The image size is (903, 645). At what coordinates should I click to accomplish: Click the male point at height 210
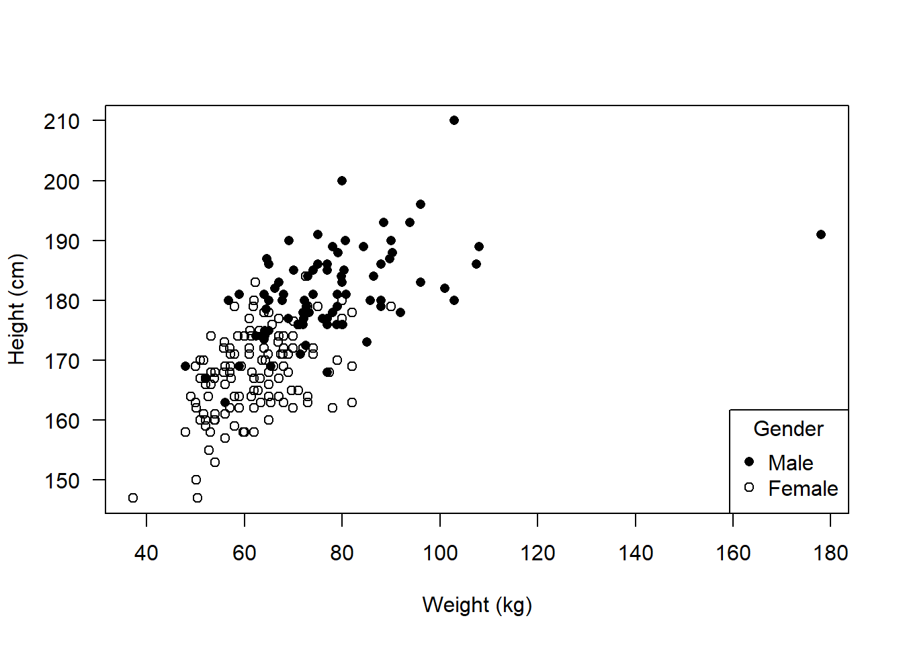click(454, 120)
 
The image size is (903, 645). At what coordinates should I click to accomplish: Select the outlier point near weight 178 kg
click(820, 234)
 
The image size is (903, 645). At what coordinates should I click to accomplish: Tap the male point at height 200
click(342, 181)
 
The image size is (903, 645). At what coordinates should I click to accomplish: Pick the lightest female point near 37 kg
click(133, 498)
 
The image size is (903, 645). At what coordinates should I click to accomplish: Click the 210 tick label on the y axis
click(62, 122)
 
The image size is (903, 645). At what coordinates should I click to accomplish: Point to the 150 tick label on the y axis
click(62, 481)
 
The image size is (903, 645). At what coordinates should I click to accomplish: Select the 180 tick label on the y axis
click(62, 301)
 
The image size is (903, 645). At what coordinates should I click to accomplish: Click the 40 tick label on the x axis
click(146, 553)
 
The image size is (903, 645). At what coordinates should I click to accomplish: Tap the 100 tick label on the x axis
click(440, 553)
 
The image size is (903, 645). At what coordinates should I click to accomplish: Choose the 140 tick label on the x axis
click(636, 553)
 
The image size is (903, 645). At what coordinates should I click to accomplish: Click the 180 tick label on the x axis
click(830, 553)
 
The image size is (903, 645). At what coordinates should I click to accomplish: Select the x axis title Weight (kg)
click(477, 605)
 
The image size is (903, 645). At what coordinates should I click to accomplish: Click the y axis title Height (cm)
click(17, 309)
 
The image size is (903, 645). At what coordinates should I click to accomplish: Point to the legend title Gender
click(788, 429)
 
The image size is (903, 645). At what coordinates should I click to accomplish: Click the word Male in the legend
click(790, 463)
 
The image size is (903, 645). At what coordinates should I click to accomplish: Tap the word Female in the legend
click(803, 488)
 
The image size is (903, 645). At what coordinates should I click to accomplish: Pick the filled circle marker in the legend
click(750, 462)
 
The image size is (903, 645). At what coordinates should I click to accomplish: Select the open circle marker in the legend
click(750, 487)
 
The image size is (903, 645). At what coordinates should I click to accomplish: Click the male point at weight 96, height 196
click(421, 204)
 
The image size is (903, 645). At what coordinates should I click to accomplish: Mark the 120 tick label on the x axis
click(537, 553)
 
